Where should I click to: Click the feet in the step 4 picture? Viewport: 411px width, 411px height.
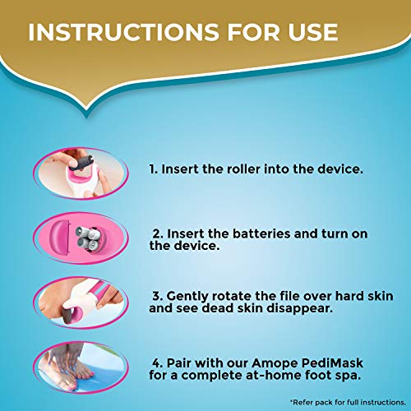78,366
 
